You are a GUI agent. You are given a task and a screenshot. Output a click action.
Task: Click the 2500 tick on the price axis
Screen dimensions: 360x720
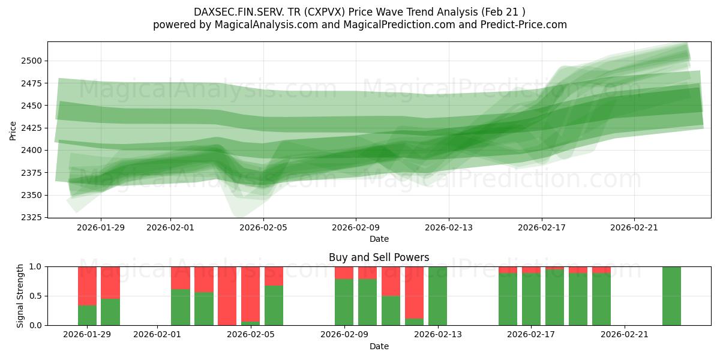point(32,61)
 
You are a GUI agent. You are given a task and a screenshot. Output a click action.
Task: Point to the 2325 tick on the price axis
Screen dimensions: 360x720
point(32,217)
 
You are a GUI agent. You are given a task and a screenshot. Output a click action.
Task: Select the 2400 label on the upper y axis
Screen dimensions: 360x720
point(32,150)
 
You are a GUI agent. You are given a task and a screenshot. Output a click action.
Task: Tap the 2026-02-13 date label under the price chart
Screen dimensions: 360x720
point(449,227)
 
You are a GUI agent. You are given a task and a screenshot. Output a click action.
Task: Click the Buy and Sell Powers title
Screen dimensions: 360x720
point(379,257)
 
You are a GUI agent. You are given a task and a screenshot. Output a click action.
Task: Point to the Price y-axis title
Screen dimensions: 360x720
point(13,130)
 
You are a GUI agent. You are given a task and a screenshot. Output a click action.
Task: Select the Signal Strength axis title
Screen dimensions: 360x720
point(20,296)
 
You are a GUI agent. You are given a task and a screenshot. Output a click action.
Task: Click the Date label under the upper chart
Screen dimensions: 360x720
point(379,239)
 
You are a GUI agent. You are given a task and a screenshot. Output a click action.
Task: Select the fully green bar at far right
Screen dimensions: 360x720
point(671,296)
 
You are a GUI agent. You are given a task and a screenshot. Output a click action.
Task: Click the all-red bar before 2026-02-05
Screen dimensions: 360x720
point(227,296)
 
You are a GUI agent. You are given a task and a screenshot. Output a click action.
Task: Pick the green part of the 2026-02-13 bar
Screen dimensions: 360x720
point(437,296)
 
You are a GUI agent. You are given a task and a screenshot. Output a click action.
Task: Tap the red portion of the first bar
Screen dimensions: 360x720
point(87,286)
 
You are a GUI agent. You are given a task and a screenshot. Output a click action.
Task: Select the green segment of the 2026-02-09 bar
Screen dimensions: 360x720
point(344,302)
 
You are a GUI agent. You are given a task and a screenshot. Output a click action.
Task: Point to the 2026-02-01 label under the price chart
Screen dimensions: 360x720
point(170,227)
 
